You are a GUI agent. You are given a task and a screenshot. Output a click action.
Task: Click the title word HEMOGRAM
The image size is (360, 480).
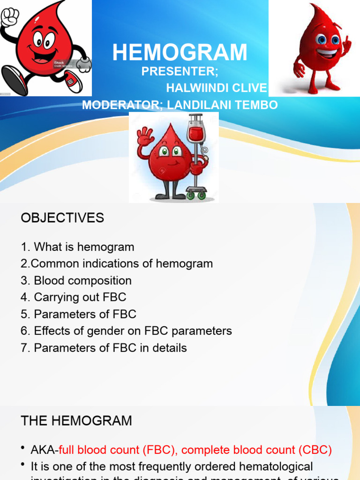[180, 52]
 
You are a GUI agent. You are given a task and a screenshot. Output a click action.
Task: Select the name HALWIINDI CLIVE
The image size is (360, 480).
[217, 88]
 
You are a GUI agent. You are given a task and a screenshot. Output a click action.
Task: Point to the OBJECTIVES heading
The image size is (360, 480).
[62, 218]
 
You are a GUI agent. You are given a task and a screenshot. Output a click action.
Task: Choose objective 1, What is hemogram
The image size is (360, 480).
[77, 247]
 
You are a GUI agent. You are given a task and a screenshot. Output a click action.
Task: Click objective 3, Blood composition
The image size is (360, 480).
[76, 281]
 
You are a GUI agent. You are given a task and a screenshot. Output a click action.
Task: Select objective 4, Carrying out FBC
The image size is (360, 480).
[73, 297]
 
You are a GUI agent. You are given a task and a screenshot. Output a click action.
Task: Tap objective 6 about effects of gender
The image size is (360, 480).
[126, 331]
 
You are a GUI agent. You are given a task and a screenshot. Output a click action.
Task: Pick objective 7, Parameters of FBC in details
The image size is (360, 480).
[104, 348]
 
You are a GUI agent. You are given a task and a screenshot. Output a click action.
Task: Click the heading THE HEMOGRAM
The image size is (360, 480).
[76, 421]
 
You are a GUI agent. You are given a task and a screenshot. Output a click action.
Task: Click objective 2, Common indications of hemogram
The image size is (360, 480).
[117, 264]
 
